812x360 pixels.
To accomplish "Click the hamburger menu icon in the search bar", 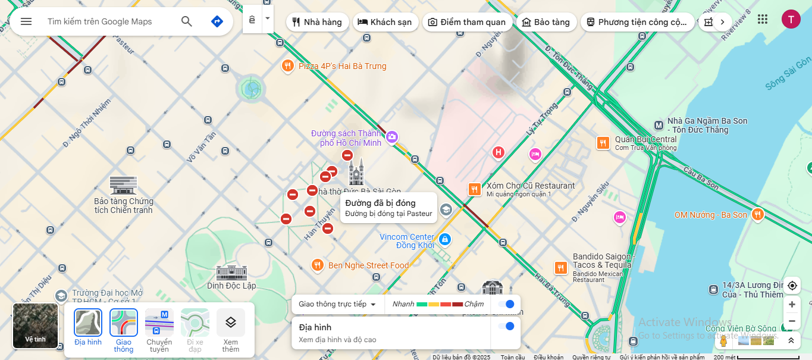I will coord(26,21).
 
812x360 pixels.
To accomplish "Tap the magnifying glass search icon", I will coord(187,21).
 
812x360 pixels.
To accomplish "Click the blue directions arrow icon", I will coord(217,21).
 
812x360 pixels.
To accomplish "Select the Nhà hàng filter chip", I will coord(316,22).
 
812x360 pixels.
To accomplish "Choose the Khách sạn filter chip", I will coord(385,22).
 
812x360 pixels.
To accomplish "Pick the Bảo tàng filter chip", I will coord(545,22).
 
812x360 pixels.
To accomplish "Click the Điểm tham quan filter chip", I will coord(467,22).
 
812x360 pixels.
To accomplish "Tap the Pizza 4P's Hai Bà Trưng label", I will coord(342,66).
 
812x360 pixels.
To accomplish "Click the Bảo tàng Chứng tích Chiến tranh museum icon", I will coord(123,185).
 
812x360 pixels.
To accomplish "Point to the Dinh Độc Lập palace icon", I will coord(231,273).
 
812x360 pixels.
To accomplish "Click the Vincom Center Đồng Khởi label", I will coord(407,241).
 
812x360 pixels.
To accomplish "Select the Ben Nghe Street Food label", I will coord(368,265).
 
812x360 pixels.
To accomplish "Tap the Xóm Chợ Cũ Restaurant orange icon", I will coord(475,189).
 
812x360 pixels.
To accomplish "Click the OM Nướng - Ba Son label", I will coord(710,215).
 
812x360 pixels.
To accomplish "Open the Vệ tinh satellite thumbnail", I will coord(35,325).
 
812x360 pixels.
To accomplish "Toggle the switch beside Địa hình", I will coord(506,326).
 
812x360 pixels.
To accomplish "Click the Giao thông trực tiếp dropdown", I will coord(338,304).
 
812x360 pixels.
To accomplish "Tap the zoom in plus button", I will coord(792,305).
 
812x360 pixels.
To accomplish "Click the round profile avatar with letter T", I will coord(791,20).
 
